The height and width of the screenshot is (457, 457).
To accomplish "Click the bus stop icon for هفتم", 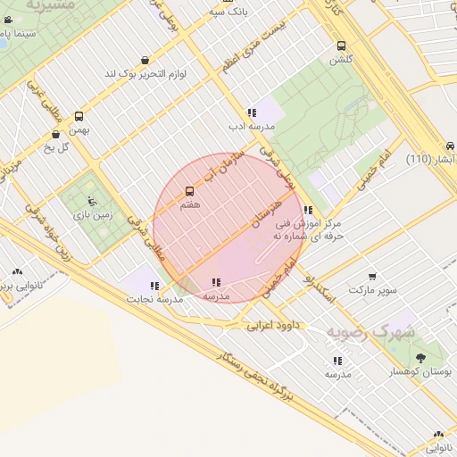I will pos(189,191).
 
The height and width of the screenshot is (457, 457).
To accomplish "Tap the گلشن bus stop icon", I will pos(341,46).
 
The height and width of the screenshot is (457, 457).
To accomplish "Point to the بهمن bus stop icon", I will pos(79,116).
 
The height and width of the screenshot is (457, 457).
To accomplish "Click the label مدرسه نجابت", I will pos(157,299).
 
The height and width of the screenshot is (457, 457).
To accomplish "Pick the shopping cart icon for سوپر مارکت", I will pos(372,277).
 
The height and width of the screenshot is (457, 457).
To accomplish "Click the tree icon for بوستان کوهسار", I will pos(420,357).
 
